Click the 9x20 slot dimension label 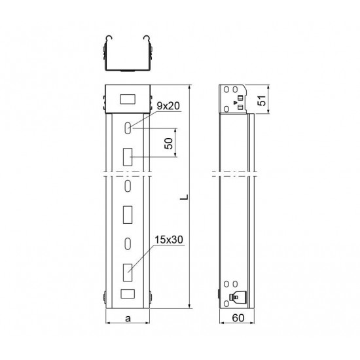pyautogui.click(x=168, y=106)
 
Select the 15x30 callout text pyautogui.click(x=169, y=240)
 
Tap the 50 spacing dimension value pyautogui.click(x=169, y=143)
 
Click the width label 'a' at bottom pyautogui.click(x=128, y=319)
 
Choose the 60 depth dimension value pyautogui.click(x=238, y=318)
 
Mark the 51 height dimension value pyautogui.click(x=262, y=100)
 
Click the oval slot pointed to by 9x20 pyautogui.click(x=128, y=128)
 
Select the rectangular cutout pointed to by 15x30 pyautogui.click(x=128, y=272)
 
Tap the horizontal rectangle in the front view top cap pyautogui.click(x=128, y=99)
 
